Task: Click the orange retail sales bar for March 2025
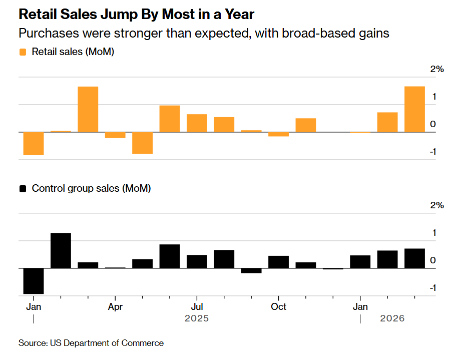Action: click(x=88, y=109)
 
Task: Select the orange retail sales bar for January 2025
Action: click(x=34, y=143)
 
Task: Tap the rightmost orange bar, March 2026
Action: click(x=414, y=109)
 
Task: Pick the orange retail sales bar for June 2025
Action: click(x=170, y=119)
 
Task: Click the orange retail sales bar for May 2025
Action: click(x=142, y=143)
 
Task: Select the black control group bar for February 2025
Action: click(x=61, y=250)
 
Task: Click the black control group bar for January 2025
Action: click(x=34, y=281)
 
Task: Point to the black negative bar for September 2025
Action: click(x=251, y=270)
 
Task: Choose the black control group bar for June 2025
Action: click(x=170, y=256)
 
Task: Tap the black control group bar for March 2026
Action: click(x=414, y=258)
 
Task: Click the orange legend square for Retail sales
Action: click(x=23, y=52)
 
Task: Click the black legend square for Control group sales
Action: click(x=23, y=189)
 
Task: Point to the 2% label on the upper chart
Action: click(x=437, y=69)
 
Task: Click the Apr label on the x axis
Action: click(x=115, y=306)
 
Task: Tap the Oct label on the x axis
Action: click(x=278, y=306)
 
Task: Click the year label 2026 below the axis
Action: click(x=393, y=319)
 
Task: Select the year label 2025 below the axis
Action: click(x=197, y=319)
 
